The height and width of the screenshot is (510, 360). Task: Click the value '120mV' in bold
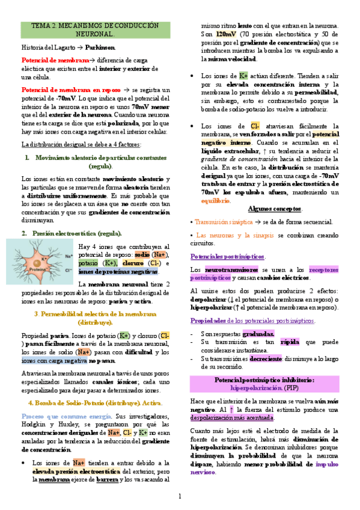tap(226, 35)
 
